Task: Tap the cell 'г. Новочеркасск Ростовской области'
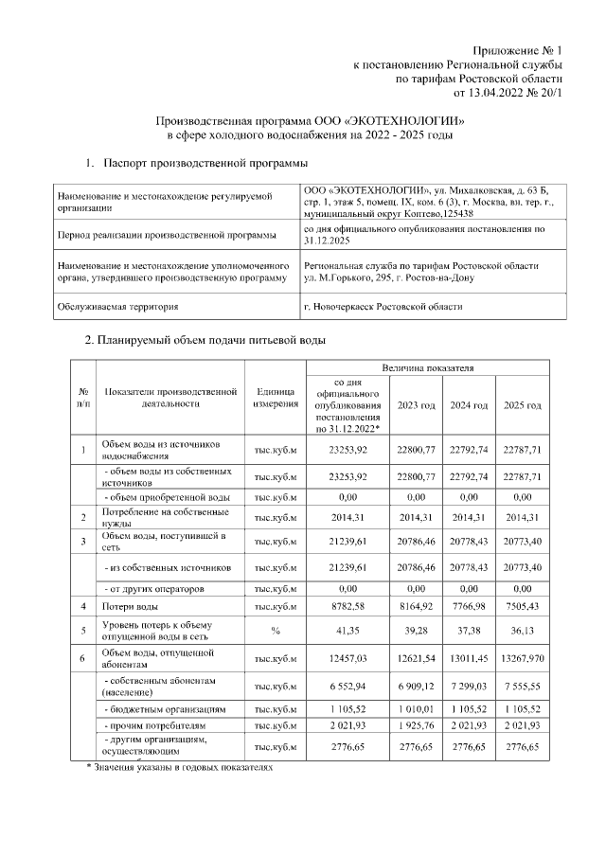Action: (x=383, y=308)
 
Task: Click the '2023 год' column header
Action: (x=416, y=405)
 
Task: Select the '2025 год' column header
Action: (x=522, y=405)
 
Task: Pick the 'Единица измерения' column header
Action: (x=276, y=399)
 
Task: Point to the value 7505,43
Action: (x=522, y=605)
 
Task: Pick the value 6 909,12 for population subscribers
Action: (x=416, y=686)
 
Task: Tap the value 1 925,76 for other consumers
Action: (x=416, y=725)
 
